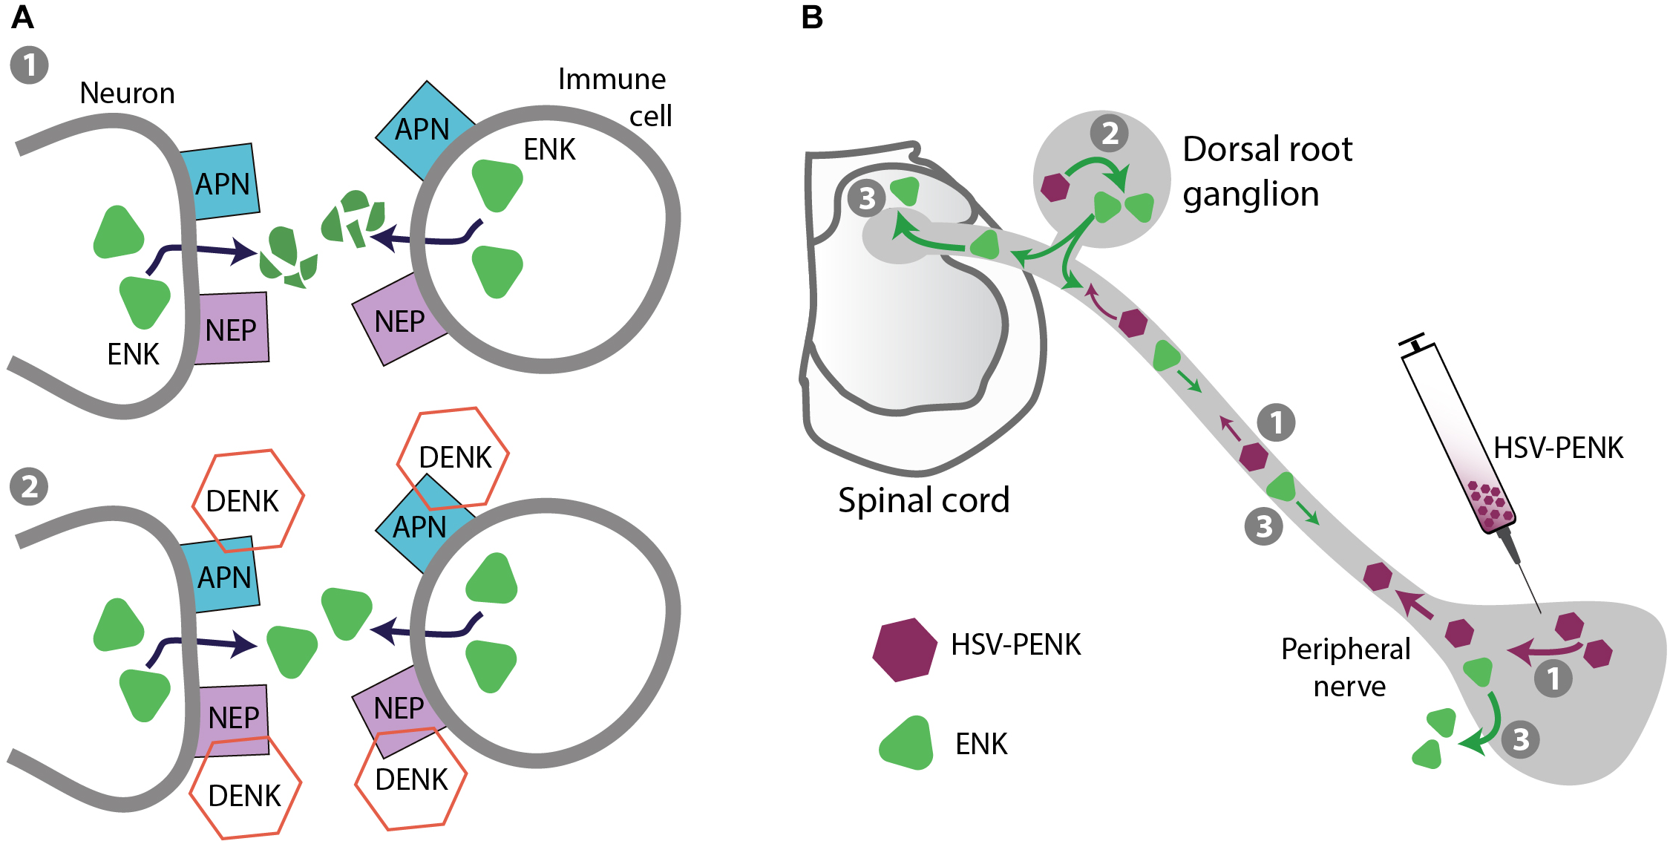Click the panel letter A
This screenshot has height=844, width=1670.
(x=22, y=18)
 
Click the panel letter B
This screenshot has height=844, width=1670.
(x=812, y=18)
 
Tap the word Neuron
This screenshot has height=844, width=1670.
(x=127, y=94)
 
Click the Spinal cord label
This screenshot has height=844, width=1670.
(x=923, y=500)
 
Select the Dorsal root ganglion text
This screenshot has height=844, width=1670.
(x=1266, y=171)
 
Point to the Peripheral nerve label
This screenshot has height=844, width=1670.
(x=1346, y=667)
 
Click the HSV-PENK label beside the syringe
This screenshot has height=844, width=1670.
(x=1558, y=448)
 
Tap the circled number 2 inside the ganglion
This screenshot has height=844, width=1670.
(x=1109, y=134)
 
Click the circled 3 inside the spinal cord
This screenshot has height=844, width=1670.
(x=866, y=198)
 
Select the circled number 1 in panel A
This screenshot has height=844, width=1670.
(x=29, y=65)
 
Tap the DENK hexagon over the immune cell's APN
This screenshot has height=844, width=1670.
(x=453, y=457)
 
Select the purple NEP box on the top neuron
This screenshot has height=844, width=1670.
(x=232, y=329)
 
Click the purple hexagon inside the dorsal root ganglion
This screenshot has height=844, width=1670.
(x=1055, y=187)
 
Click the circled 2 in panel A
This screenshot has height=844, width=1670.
(x=29, y=487)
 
